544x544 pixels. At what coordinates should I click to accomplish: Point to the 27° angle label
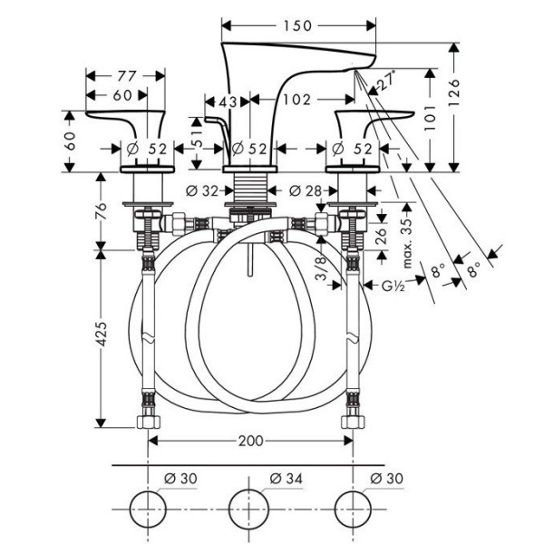pyautogui.click(x=387, y=82)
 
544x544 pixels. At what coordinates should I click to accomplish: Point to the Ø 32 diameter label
pyautogui.click(x=201, y=189)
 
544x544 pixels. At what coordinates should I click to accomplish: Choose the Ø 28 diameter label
pyautogui.click(x=303, y=189)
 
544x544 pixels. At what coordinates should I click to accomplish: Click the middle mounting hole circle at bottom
pyautogui.click(x=251, y=505)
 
